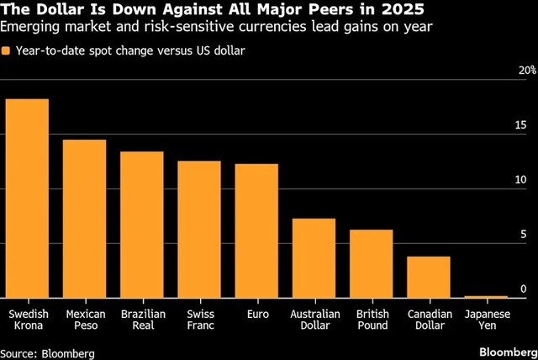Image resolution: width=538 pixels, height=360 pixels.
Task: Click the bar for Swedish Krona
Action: [x=27, y=199]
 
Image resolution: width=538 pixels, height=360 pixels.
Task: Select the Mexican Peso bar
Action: [x=84, y=219]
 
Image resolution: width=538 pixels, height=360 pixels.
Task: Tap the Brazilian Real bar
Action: [x=141, y=225]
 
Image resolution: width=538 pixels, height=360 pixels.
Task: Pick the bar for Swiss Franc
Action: [x=199, y=229]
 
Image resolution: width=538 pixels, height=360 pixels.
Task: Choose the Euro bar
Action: [x=256, y=230]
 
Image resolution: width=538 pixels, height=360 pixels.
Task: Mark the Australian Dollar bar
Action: [x=314, y=257]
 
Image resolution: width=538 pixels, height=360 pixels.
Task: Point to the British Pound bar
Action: [x=371, y=263]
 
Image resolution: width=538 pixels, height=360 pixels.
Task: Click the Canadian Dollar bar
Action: [x=428, y=277]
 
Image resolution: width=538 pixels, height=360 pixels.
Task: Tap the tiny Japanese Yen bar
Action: [x=486, y=296]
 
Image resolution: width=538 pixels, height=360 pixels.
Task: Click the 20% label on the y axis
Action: [x=525, y=70]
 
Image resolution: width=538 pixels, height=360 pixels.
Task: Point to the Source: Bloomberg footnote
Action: [x=47, y=352]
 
